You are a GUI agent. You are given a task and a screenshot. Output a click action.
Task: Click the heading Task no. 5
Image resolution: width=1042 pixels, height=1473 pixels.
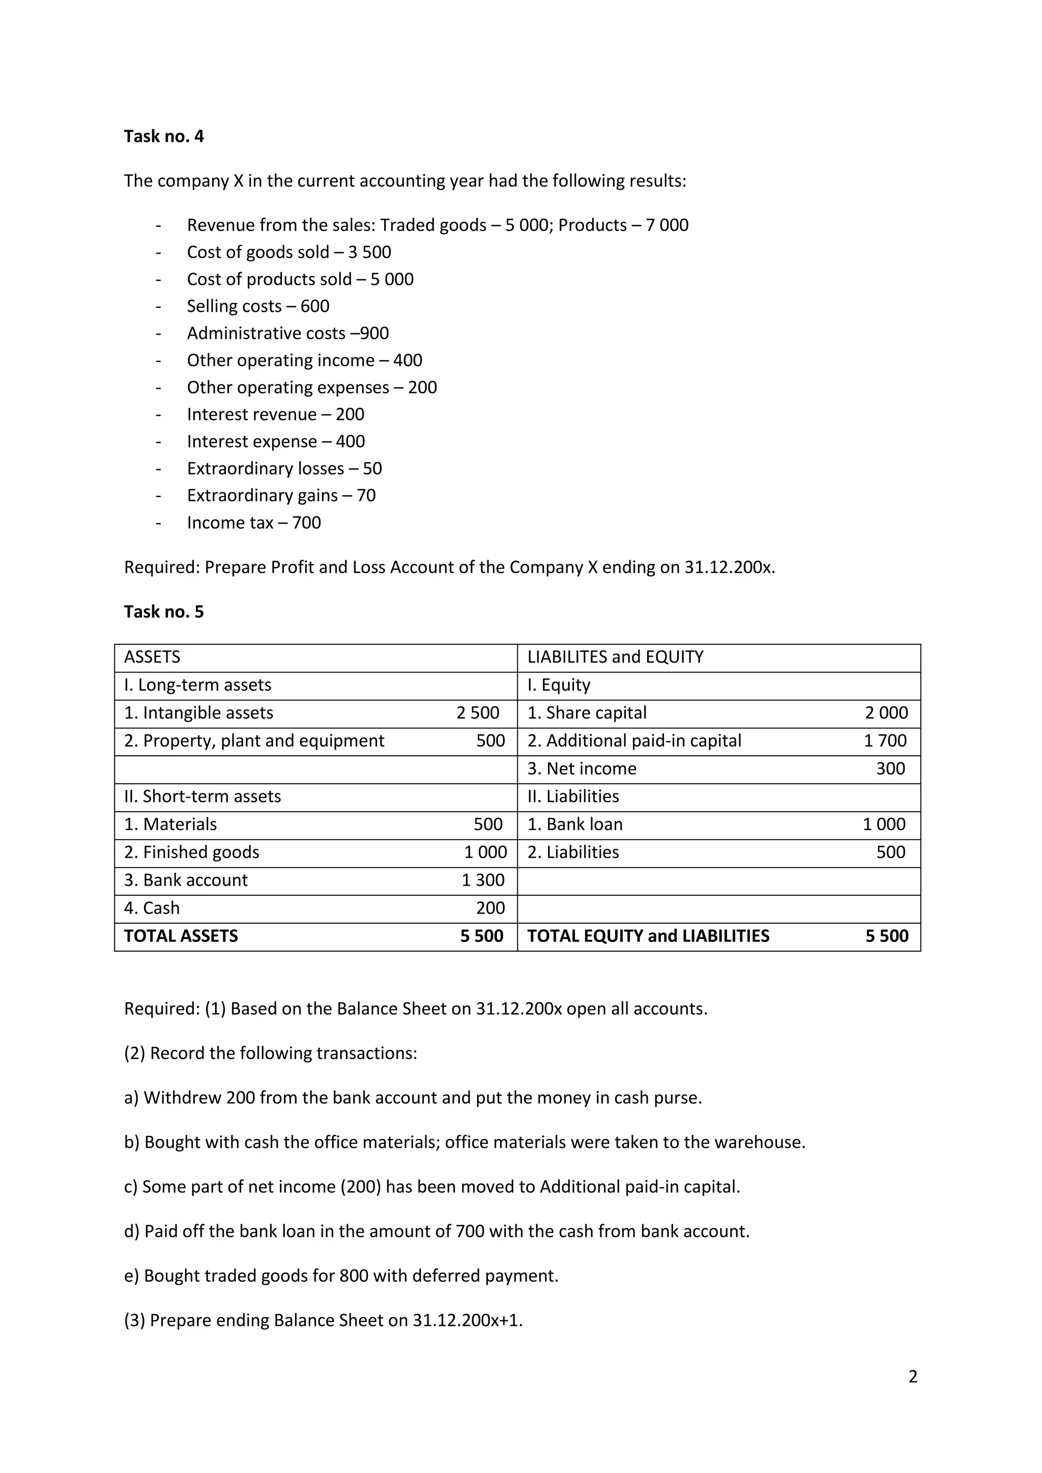click(164, 611)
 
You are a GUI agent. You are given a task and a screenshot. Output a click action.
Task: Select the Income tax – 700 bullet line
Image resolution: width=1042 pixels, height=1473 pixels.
click(253, 523)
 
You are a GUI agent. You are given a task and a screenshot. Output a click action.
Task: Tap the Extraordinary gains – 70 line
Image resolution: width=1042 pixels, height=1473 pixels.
click(281, 495)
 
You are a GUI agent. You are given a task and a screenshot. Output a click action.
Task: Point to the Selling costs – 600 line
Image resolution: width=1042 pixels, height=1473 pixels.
click(258, 306)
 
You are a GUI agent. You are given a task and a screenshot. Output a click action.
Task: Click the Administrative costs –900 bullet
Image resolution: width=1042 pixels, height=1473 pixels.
click(287, 333)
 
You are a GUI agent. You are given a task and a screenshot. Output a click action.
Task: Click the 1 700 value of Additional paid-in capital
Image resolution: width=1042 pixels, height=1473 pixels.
click(885, 741)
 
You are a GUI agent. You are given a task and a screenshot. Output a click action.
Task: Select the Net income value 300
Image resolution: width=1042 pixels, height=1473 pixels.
click(890, 769)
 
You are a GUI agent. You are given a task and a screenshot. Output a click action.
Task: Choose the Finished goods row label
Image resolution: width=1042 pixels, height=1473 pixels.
click(191, 852)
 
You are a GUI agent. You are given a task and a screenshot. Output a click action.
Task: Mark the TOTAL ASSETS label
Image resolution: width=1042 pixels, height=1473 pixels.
click(181, 936)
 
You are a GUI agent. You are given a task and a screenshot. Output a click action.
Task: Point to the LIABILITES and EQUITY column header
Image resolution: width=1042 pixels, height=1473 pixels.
click(615, 657)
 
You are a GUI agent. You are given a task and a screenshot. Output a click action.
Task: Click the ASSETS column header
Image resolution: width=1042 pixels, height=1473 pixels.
click(152, 657)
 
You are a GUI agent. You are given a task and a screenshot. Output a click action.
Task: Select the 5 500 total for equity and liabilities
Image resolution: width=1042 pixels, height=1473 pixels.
click(886, 936)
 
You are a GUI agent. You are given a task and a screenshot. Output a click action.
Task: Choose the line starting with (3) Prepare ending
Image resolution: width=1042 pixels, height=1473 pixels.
click(323, 1320)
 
